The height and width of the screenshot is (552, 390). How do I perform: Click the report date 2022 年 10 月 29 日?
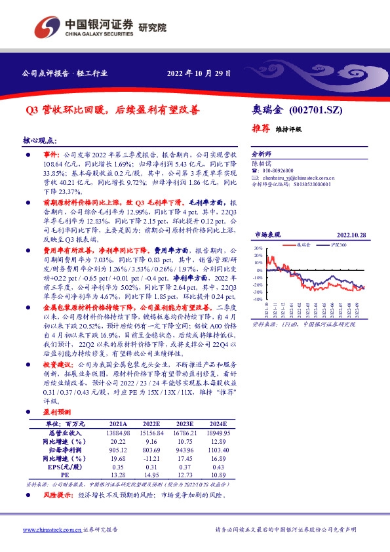[199, 74]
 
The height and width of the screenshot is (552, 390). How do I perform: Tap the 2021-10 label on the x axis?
[266, 311]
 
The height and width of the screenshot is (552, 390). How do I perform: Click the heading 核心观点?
[40, 141]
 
